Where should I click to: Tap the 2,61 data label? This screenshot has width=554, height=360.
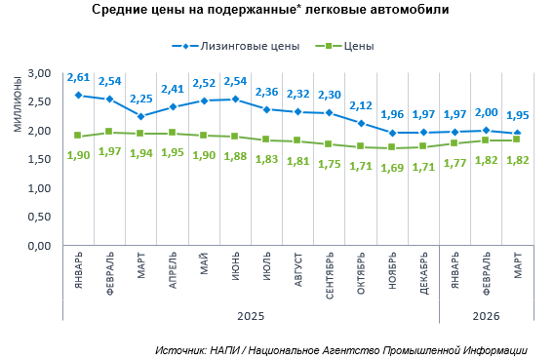(78, 77)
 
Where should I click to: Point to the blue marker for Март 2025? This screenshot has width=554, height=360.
(141, 116)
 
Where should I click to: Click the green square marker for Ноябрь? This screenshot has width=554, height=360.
(391, 147)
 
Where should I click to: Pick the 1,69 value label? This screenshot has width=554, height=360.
(392, 168)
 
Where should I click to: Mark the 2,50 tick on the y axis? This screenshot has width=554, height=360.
(39, 101)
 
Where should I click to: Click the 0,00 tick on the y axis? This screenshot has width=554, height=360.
(39, 246)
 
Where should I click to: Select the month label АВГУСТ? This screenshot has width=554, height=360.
(298, 269)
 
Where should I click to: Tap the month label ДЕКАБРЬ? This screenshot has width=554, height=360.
(423, 273)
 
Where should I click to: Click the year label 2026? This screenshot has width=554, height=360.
(486, 316)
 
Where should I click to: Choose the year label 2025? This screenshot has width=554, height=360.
(251, 316)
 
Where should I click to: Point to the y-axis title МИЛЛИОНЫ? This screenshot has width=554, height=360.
(18, 104)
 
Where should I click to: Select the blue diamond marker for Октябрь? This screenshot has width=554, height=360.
(361, 123)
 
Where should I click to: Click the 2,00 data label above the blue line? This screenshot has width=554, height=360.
(486, 112)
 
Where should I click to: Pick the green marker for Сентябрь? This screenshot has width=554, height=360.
(329, 144)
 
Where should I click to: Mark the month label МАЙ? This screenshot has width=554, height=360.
(204, 263)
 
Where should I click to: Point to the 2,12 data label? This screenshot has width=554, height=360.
(361, 105)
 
